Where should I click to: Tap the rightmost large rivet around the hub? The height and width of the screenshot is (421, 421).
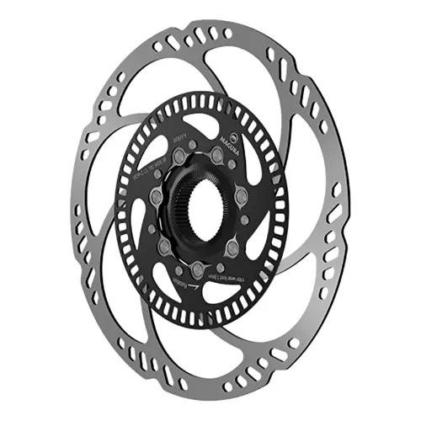[x=242, y=196]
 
